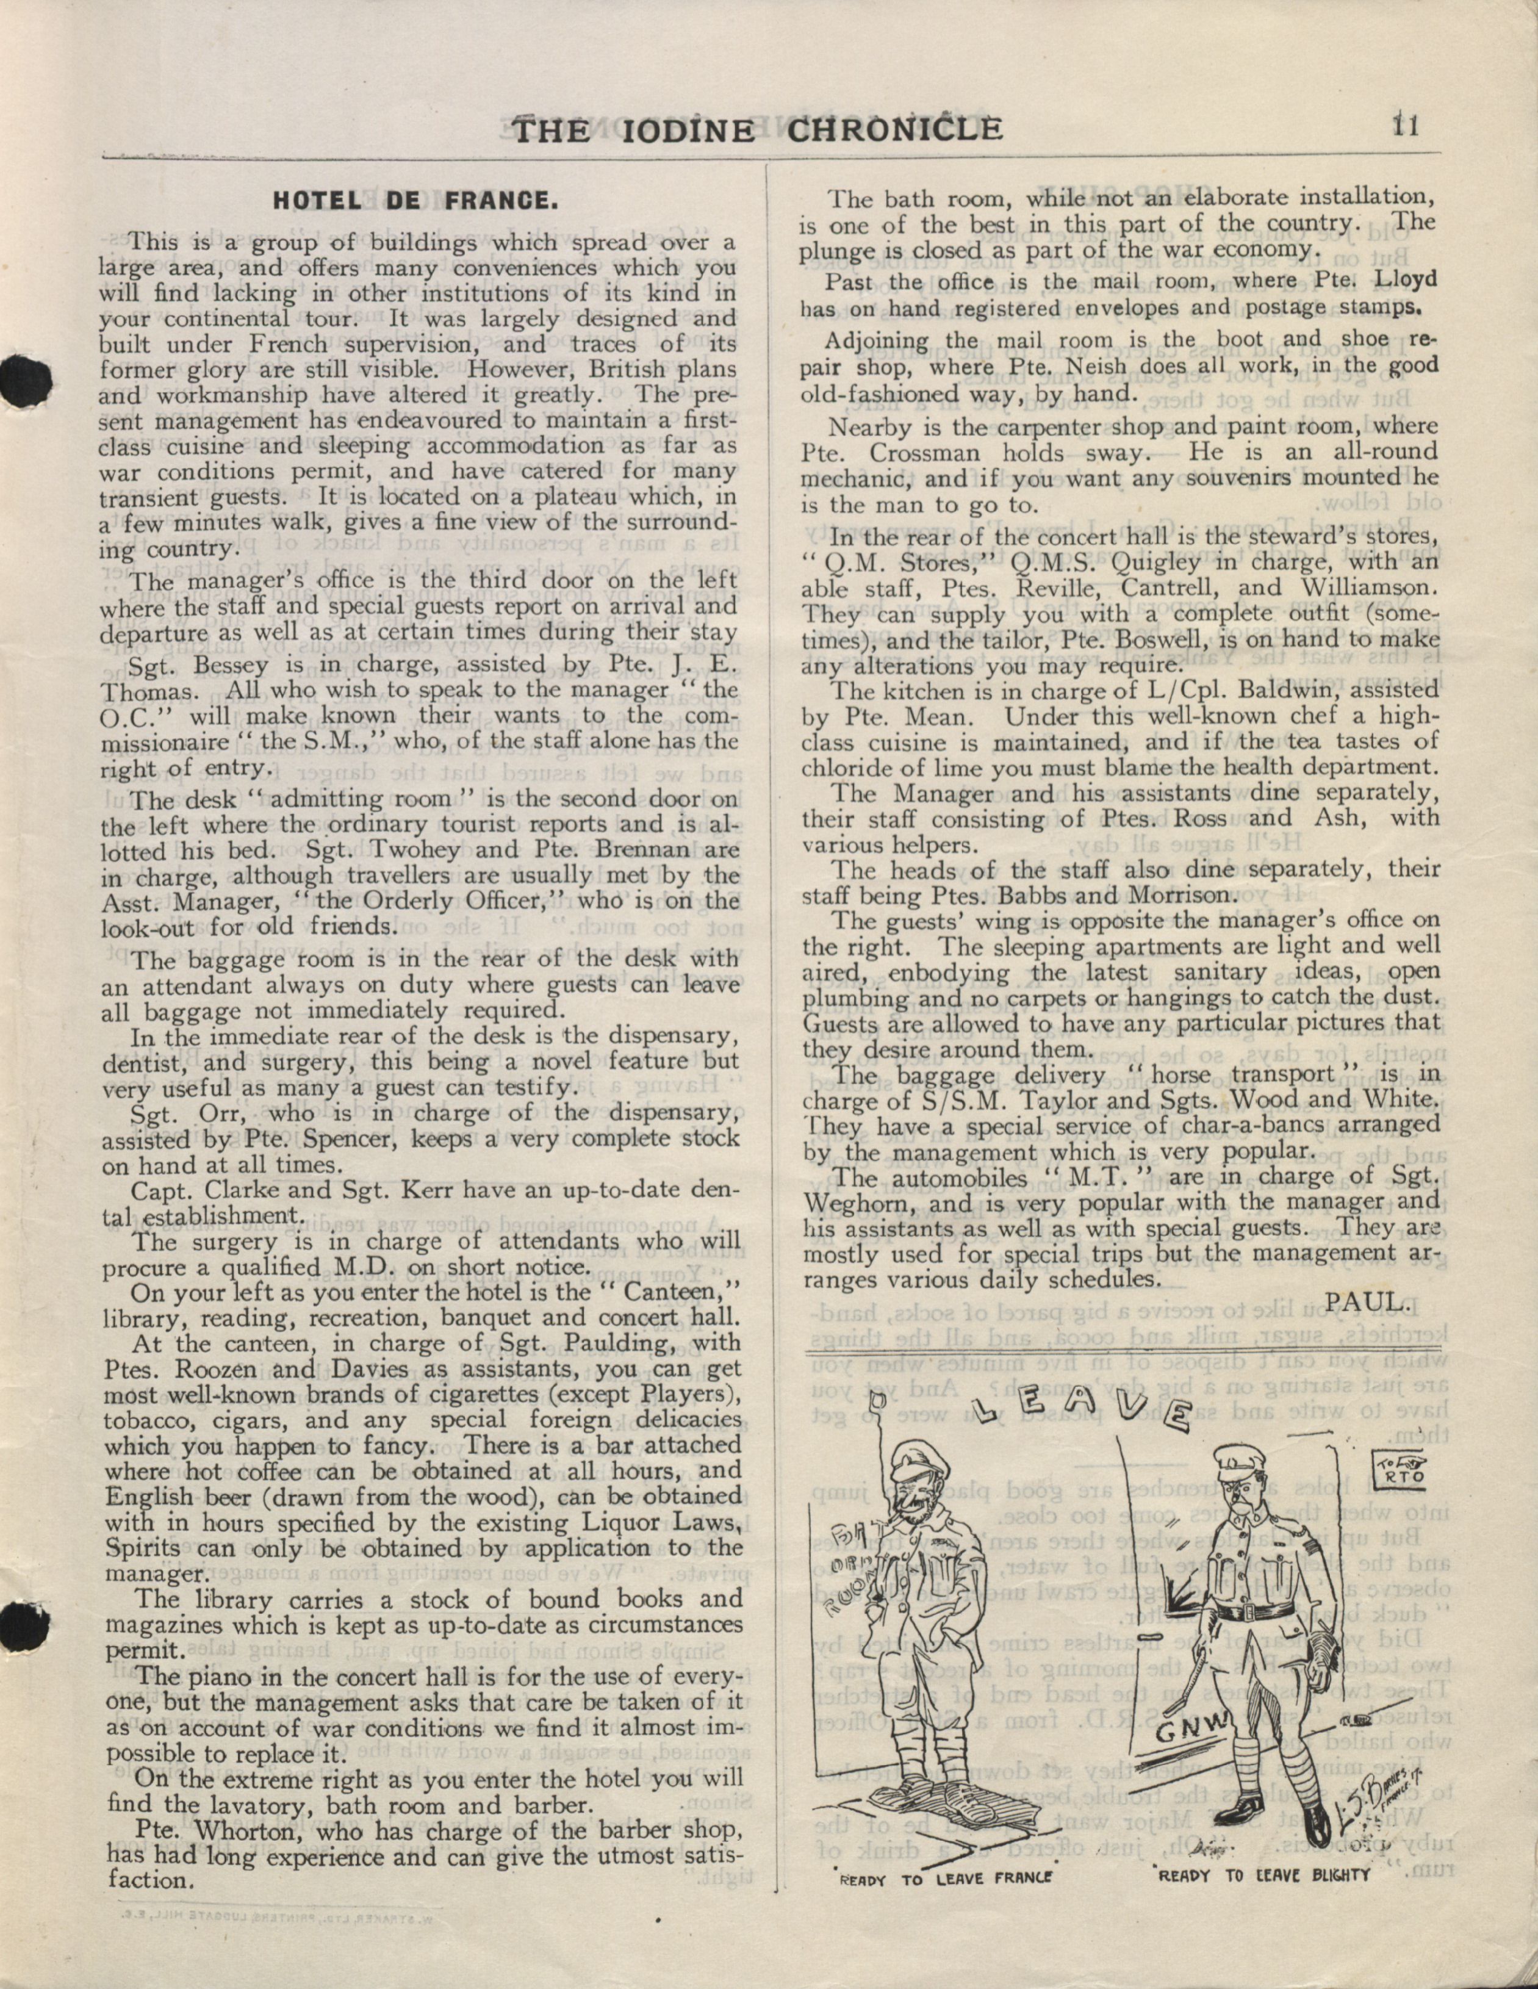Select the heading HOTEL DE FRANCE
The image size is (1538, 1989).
pos(412,200)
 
